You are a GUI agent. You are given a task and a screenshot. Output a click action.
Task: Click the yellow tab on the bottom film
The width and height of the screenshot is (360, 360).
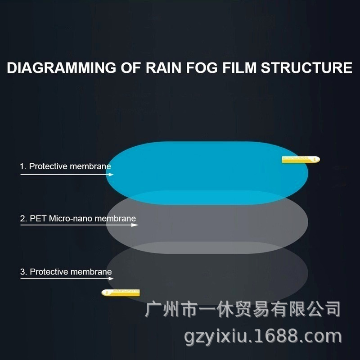coord(121,292)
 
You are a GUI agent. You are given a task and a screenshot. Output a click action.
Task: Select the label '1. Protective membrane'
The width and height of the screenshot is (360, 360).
coord(65,166)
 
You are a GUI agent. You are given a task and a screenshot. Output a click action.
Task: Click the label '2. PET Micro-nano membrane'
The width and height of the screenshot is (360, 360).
coord(78,219)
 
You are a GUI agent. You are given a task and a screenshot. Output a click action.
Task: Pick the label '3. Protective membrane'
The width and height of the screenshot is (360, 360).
coord(66,272)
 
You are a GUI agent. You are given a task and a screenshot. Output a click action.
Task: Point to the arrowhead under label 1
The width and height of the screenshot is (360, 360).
coord(110,175)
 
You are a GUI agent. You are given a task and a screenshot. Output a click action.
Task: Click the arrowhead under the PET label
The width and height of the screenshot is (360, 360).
coord(135,225)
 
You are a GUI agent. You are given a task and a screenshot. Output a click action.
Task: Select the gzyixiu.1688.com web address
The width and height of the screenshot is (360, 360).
coord(263,336)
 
